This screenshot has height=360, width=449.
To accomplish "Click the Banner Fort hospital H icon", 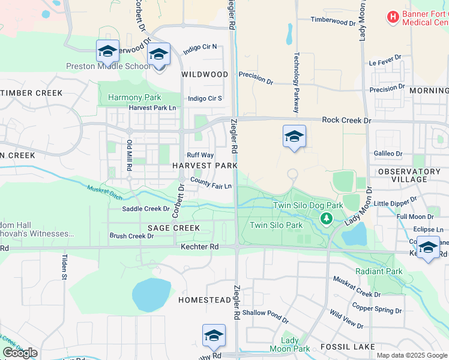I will click(393, 17).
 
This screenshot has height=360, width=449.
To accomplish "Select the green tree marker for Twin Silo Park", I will click(326, 218).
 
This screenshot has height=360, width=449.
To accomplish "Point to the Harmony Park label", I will click(134, 97).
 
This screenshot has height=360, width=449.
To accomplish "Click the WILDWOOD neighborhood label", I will click(205, 74).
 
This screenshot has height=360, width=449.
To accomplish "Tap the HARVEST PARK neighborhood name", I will click(205, 165).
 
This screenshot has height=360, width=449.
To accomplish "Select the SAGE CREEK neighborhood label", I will click(173, 228).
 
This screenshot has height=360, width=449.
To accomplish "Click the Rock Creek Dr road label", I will click(347, 120).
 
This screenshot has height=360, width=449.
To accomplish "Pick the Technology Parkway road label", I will click(296, 82).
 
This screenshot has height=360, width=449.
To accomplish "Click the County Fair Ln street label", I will click(211, 182).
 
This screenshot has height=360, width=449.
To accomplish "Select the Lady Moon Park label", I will click(290, 344).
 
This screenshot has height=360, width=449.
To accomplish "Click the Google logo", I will click(20, 353).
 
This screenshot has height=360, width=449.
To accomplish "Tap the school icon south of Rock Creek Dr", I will click(294, 137).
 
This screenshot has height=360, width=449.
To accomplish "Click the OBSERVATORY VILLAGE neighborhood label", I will click(409, 175).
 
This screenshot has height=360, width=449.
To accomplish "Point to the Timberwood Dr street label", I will click(333, 20).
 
